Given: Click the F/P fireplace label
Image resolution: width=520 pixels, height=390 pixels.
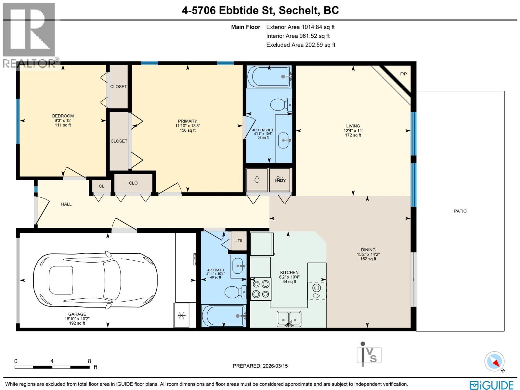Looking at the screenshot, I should (x=403, y=74).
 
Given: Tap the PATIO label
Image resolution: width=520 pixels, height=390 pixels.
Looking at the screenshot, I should (x=460, y=211).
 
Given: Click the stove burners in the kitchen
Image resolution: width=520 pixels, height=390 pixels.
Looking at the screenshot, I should (x=261, y=289).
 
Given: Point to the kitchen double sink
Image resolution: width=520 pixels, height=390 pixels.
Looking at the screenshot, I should (x=289, y=318).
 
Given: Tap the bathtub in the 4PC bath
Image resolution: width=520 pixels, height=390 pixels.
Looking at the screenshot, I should (x=223, y=316).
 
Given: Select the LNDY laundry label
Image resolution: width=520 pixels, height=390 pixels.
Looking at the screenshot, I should (x=280, y=180).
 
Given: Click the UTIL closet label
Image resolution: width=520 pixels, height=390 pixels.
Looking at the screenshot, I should (x=239, y=241).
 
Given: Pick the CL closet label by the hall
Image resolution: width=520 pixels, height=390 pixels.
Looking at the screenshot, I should (x=101, y=186).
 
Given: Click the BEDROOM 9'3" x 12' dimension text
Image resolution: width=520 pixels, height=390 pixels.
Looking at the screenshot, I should (x=63, y=121).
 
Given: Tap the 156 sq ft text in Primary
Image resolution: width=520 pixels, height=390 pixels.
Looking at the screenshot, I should (x=188, y=130).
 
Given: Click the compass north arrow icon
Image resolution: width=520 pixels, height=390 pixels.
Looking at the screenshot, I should (x=495, y=361).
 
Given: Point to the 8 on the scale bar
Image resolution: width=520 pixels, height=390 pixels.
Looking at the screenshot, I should (x=89, y=361).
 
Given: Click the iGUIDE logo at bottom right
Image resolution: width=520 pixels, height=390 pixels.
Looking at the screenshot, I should (x=491, y=385).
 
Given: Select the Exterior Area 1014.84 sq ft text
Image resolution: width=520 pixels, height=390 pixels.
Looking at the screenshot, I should (x=300, y=27).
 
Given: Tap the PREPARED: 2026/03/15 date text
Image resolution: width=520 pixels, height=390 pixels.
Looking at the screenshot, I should (x=260, y=366).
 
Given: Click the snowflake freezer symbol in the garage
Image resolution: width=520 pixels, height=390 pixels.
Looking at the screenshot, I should (x=182, y=315).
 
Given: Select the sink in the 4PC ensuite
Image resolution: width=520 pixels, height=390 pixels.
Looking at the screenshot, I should (x=284, y=141).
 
